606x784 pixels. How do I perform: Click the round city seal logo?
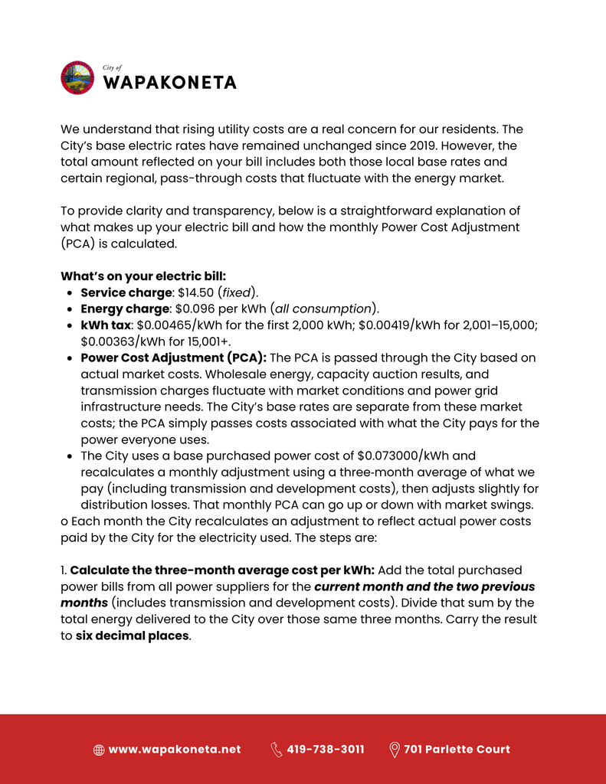pyautogui.click(x=77, y=77)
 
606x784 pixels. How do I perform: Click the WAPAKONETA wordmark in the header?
pyautogui.click(x=169, y=83)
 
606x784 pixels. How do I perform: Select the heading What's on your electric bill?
pyautogui.click(x=143, y=276)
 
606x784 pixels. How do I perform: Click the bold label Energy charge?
pyautogui.click(x=125, y=309)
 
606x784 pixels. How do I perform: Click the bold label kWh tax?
pyautogui.click(x=106, y=325)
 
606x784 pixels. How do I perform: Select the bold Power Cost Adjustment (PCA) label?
pyautogui.click(x=173, y=358)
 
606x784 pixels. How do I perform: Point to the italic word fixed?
pyautogui.click(x=237, y=292)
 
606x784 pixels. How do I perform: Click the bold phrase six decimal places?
pyautogui.click(x=132, y=635)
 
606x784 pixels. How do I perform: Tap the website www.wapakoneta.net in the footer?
pyautogui.click(x=175, y=750)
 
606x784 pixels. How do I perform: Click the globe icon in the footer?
pyautogui.click(x=99, y=750)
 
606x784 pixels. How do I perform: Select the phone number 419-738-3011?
pyautogui.click(x=326, y=750)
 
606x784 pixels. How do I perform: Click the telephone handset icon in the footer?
pyautogui.click(x=277, y=750)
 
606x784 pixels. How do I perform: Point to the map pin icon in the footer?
pyautogui.click(x=395, y=750)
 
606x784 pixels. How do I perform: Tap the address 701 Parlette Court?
pyautogui.click(x=457, y=750)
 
